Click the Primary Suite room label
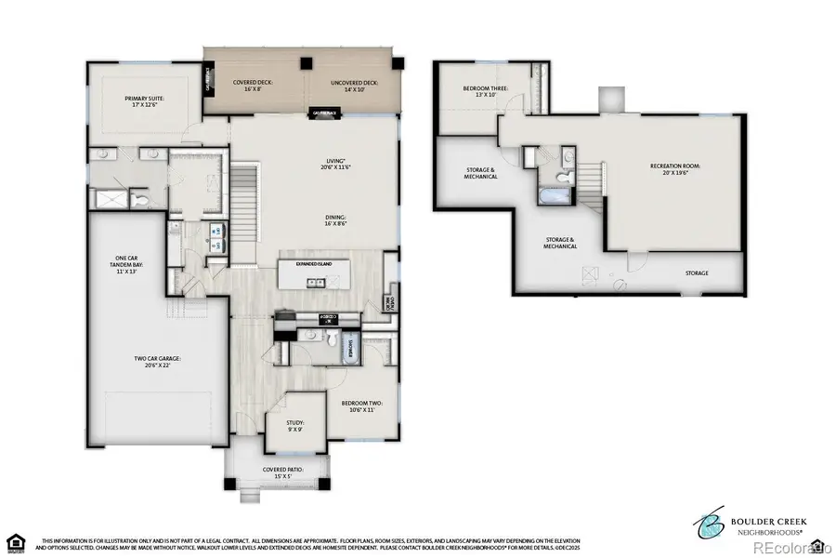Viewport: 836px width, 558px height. pyautogui.click(x=144, y=100)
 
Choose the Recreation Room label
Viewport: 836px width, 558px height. pyautogui.click(x=674, y=168)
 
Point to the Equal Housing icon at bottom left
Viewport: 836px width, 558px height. pyautogui.click(x=16, y=541)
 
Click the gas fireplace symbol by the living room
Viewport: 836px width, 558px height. pyautogui.click(x=323, y=113)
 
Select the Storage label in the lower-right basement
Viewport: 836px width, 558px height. pyautogui.click(x=697, y=272)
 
